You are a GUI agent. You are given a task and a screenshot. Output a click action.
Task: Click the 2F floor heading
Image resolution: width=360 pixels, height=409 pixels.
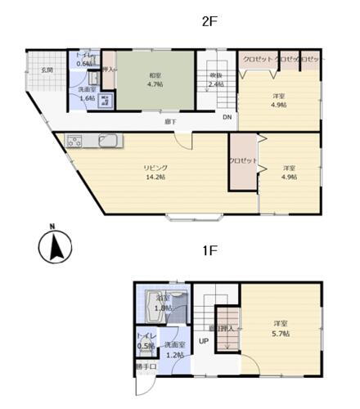(x=208, y=23)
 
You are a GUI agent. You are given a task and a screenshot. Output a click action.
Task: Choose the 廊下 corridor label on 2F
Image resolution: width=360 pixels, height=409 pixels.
(x=169, y=122)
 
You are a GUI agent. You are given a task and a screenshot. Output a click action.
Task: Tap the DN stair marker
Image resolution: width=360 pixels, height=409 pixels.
(x=227, y=116)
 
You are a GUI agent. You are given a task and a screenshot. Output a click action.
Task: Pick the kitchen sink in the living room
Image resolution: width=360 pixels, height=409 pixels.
(x=110, y=139)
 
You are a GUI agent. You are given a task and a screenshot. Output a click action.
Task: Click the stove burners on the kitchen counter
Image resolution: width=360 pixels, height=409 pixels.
(x=74, y=139)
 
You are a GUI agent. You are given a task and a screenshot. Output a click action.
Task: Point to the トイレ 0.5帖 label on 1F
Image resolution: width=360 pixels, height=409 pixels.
(x=144, y=340)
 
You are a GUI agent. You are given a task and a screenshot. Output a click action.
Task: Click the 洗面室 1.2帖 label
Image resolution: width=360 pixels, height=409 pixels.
(x=173, y=350)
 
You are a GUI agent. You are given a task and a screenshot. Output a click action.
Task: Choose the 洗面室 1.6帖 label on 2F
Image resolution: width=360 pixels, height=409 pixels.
(x=86, y=93)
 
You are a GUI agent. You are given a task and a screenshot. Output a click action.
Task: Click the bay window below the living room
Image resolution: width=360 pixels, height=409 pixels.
(x=194, y=218)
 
